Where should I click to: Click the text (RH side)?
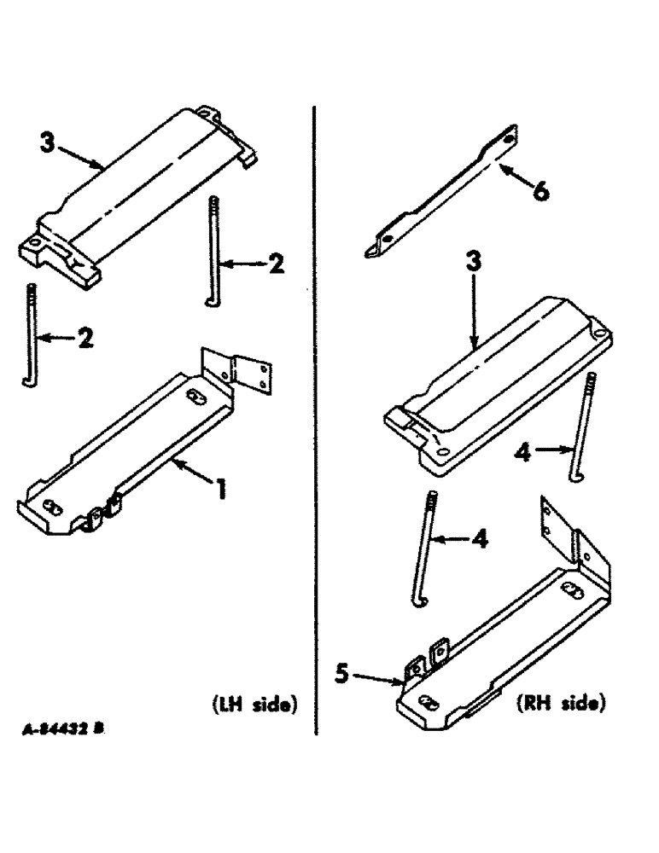coord(560,705)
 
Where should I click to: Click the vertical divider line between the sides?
coord(317,418)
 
